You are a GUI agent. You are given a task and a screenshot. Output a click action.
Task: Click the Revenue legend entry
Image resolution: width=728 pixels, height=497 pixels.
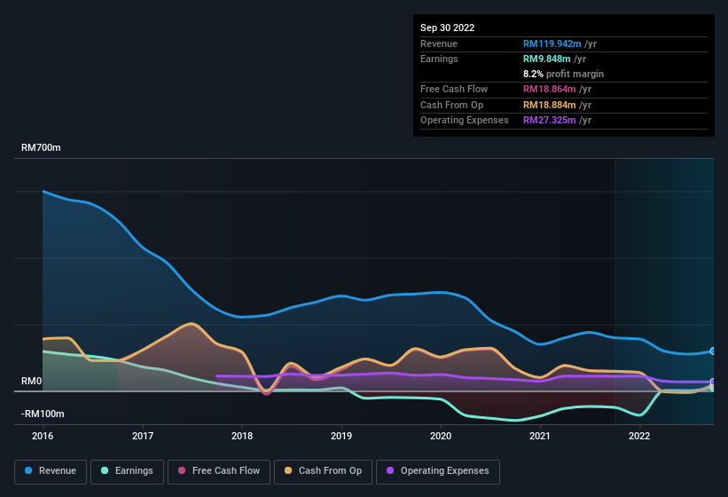[51, 471]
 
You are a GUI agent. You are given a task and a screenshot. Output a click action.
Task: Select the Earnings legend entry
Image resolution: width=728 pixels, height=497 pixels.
[127, 471]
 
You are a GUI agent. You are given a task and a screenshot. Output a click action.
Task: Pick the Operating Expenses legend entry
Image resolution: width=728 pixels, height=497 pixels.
[438, 471]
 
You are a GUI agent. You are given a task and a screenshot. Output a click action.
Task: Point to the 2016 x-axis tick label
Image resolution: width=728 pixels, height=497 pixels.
[43, 436]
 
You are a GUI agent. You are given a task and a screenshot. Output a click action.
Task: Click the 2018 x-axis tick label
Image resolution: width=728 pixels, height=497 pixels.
[242, 436]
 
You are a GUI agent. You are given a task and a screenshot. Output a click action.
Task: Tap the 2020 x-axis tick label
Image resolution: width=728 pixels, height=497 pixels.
[441, 436]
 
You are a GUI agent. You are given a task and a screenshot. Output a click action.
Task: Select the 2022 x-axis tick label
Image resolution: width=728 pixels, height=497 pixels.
[639, 436]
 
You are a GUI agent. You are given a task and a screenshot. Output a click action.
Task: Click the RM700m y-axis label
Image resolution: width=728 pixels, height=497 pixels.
[41, 148]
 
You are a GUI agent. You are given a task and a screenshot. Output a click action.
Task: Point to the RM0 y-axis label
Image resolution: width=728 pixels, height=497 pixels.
[31, 381]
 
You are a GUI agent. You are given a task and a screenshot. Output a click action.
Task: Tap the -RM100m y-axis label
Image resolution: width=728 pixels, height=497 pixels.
[43, 414]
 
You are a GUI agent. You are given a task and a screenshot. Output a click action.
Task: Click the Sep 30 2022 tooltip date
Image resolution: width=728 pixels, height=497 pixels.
[447, 28]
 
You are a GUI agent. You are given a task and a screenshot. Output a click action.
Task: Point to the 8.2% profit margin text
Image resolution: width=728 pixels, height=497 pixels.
[563, 74]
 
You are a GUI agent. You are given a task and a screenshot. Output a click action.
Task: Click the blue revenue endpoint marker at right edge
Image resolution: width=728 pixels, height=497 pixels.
[713, 351]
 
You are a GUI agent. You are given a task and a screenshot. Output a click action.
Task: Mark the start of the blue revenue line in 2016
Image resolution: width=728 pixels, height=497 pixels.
[43, 192]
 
